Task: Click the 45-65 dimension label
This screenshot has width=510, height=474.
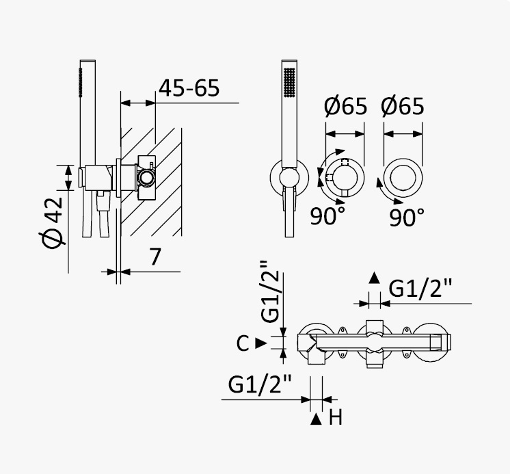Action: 189,88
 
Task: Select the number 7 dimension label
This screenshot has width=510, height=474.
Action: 155,256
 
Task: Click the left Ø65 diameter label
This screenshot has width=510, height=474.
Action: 345,106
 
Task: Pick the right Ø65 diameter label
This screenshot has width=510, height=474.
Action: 403,106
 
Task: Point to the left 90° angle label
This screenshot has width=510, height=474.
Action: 327,216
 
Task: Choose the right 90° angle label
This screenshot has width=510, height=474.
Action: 407,218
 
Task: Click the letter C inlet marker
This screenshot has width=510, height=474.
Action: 243,343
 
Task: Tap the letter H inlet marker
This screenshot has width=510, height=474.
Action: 336,417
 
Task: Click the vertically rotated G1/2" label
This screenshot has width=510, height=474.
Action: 269,291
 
